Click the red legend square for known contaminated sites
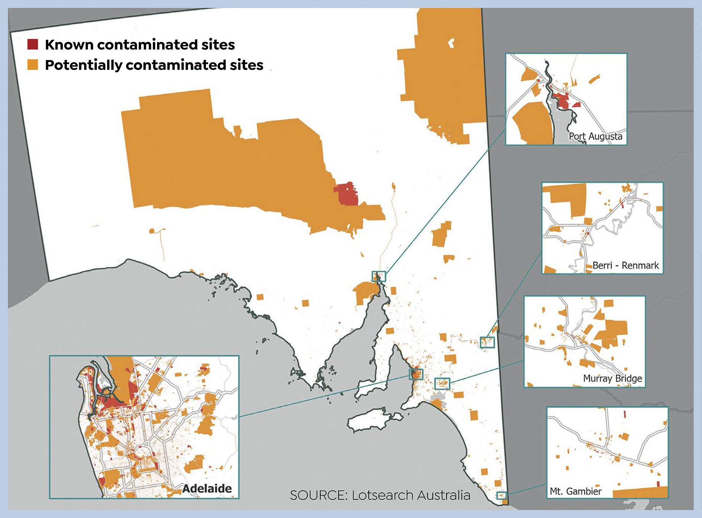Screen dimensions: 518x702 point(33,44)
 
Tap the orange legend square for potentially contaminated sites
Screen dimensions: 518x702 point(33,64)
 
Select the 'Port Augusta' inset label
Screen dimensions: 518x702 point(595,136)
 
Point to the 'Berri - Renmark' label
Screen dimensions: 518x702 point(625,265)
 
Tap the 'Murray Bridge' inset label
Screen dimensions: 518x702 point(612,378)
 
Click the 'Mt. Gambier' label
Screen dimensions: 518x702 point(575,491)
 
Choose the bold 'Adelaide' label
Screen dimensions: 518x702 point(207,489)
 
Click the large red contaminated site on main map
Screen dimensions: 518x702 point(347,194)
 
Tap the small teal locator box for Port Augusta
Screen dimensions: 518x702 point(379,276)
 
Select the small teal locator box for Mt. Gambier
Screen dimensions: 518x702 point(501,496)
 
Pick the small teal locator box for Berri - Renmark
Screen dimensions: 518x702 point(487,342)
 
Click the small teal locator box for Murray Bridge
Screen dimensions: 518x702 point(442,383)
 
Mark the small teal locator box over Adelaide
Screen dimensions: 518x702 point(416,374)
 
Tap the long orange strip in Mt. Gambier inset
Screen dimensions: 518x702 point(641,492)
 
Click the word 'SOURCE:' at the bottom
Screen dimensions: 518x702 point(318,495)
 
